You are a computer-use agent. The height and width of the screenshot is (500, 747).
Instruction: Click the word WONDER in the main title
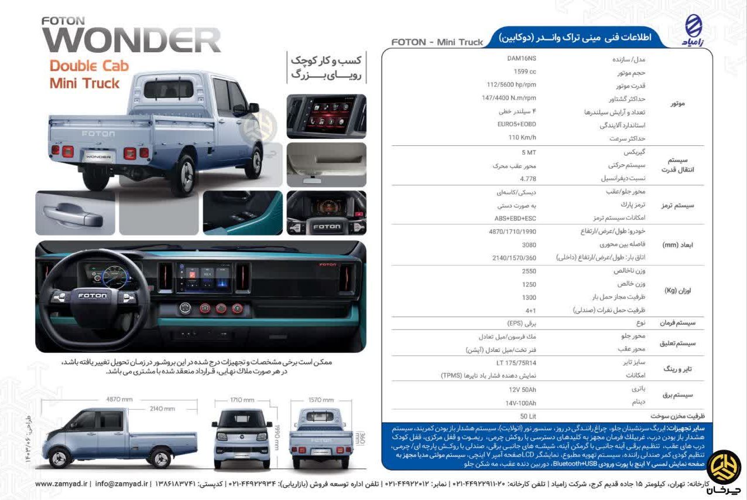pos(131,40)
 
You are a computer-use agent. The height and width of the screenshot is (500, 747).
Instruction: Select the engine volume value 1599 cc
pos(524,72)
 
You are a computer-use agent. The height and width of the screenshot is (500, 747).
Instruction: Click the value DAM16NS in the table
pos(522,59)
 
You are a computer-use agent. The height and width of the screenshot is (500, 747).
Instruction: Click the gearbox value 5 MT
pos(528,152)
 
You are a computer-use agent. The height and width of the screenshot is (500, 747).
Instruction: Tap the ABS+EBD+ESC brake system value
pos(515,218)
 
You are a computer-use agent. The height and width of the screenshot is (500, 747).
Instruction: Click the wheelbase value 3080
pos(529,244)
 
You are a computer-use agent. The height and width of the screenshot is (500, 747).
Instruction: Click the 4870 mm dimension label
pos(119,399)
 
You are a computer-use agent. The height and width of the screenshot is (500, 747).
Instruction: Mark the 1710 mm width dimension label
pos(242,400)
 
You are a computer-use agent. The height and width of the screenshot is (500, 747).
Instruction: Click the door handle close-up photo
pos(75,213)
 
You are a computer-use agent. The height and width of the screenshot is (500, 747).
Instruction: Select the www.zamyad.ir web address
pos(61,484)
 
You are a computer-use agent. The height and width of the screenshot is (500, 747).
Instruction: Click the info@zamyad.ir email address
pos(121,484)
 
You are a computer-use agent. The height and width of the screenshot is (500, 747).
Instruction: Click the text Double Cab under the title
pos(89,66)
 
